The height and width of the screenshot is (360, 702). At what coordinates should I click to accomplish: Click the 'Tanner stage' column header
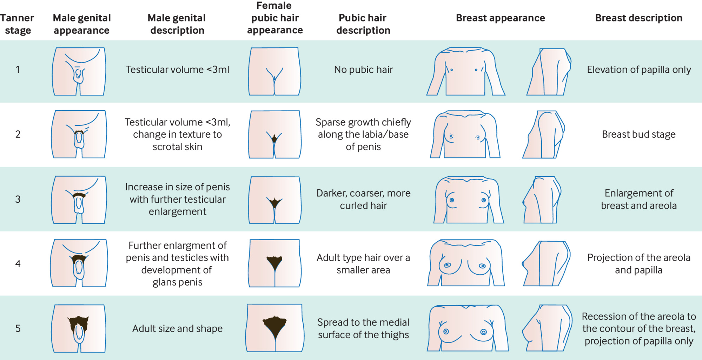[17, 24]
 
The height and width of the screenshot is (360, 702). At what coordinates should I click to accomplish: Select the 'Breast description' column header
[638, 18]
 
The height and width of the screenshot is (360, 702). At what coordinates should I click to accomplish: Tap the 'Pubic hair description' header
[363, 24]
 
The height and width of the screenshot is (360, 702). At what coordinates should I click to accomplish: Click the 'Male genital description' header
[177, 24]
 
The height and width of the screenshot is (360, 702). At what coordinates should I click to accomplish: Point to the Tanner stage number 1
[18, 70]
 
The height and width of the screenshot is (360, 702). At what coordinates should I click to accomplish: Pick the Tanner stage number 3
[18, 199]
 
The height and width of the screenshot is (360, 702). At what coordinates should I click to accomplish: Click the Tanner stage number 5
[18, 329]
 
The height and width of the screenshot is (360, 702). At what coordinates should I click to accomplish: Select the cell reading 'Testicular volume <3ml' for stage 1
[177, 70]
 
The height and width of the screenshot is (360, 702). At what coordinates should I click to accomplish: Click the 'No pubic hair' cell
[363, 70]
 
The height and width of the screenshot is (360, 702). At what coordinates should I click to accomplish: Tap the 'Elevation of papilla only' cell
[639, 70]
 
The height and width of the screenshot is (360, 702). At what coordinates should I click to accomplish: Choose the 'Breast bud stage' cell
[638, 134]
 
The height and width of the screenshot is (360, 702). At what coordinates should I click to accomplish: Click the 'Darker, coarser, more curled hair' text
[363, 199]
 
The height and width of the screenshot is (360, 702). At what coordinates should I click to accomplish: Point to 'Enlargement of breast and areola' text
[638, 199]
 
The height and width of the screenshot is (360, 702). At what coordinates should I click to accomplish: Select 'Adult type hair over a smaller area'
[363, 264]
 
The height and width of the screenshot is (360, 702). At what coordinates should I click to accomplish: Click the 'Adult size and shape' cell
[177, 329]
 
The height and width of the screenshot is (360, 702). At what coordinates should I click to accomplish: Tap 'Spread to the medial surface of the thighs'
[363, 328]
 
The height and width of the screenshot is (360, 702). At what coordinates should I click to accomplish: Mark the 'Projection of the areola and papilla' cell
[638, 264]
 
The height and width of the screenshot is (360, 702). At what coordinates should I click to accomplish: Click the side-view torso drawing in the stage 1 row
[549, 72]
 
